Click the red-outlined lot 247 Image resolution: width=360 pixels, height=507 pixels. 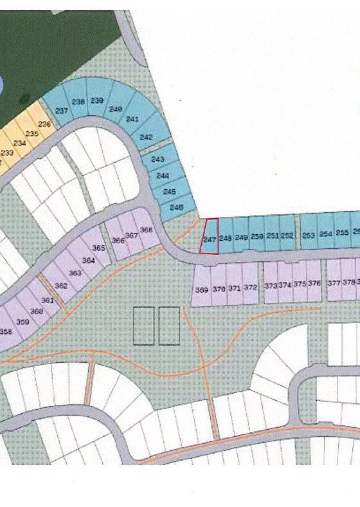point(209,237)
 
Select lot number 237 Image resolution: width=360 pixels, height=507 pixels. point(62,109)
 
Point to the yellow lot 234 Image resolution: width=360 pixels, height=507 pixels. point(19,143)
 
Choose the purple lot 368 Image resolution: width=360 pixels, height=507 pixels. point(146,230)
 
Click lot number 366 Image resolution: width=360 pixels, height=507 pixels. point(118,239)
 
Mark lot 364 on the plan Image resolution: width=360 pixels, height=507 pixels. point(89,260)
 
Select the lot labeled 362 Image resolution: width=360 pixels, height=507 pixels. point(62,285)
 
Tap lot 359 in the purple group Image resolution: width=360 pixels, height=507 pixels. point(22,321)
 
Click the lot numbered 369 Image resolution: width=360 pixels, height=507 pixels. point(201,290)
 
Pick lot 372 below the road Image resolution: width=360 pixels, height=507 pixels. point(251,287)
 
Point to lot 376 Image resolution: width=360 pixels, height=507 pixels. point(314,283)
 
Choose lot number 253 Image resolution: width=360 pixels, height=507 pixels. point(309,235)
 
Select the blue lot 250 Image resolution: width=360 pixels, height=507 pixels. point(257,236)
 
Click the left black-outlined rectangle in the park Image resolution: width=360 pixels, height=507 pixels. point(144,326)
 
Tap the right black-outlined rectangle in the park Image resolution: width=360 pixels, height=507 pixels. point(169,326)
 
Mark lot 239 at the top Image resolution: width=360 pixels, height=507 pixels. point(97,101)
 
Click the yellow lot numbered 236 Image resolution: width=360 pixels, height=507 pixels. point(44,124)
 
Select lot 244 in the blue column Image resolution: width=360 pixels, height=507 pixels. point(163,175)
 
